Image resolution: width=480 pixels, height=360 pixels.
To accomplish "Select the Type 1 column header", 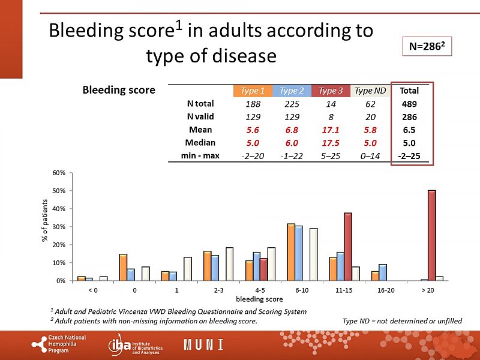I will click(253, 91).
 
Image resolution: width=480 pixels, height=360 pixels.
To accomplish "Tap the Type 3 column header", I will click(331, 91).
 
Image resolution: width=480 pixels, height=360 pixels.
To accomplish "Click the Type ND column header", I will click(370, 91).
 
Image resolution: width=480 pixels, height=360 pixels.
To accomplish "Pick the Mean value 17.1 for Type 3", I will click(331, 130).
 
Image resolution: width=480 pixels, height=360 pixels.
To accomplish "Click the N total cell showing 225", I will click(292, 104).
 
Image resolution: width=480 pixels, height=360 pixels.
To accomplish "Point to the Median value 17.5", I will click(331, 143).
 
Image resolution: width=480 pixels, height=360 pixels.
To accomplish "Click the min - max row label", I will click(200, 155).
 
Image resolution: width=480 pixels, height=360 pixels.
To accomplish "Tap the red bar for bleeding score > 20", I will click(431, 235).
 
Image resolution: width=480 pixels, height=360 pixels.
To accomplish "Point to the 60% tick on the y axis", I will click(61, 173).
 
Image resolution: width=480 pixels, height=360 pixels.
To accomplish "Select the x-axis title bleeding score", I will click(259, 298).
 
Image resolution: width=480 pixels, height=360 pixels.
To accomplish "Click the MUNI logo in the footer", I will click(203, 345).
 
